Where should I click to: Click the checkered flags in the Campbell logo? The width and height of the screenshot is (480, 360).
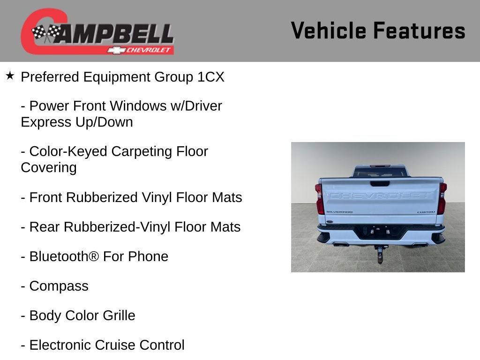pyautogui.click(x=46, y=33)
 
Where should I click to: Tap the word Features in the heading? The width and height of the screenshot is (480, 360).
pyautogui.click(x=419, y=31)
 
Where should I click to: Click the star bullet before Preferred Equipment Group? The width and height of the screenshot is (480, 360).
pyautogui.click(x=10, y=75)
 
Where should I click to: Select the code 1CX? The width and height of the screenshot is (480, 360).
pyautogui.click(x=211, y=77)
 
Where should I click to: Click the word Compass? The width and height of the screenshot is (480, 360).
pyautogui.click(x=59, y=286)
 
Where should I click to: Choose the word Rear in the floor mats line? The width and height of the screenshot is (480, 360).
pyautogui.click(x=45, y=227)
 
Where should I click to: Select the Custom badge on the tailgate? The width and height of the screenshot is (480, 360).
pyautogui.click(x=426, y=212)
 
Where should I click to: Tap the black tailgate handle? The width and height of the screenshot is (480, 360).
pyautogui.click(x=379, y=183)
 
